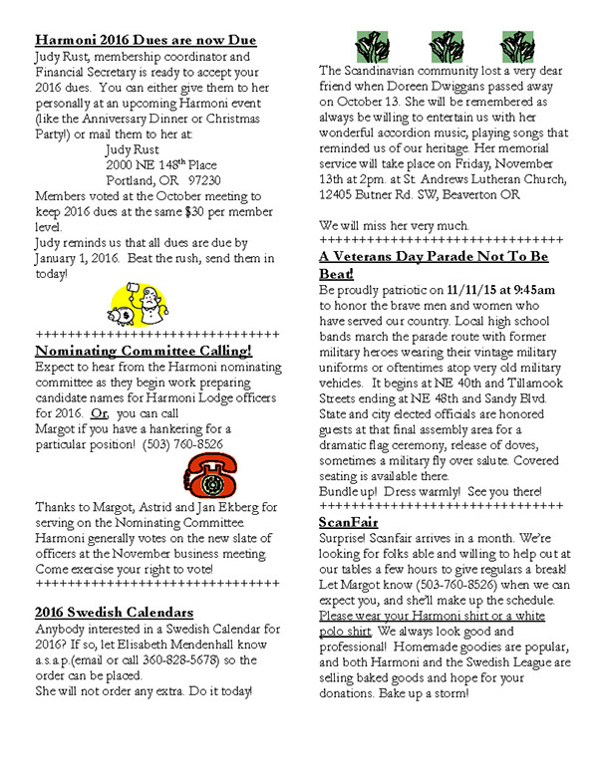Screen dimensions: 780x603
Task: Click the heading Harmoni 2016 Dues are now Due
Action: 145,40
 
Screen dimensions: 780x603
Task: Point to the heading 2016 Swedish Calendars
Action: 114,612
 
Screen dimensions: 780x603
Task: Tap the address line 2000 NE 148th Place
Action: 160,164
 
